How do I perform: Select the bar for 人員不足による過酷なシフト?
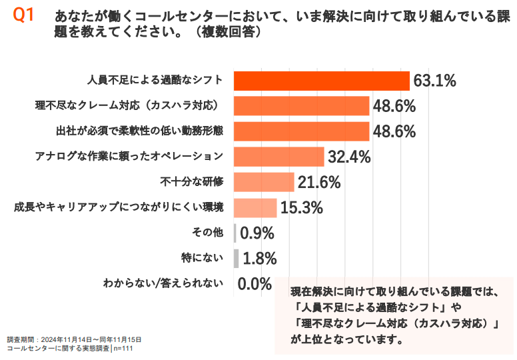click(322, 81)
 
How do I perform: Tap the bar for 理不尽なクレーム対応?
click(302, 106)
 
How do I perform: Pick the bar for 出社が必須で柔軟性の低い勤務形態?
click(302, 131)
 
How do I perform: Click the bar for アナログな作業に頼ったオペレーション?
click(279, 157)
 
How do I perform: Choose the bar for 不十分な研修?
click(264, 182)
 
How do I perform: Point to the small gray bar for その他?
click(235, 233)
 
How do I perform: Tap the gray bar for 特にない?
click(236, 258)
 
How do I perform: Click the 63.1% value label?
click(434, 81)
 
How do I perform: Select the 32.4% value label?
click(348, 157)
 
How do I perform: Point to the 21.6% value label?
click(318, 183)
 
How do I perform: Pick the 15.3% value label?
click(301, 208)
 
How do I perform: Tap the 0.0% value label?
click(255, 284)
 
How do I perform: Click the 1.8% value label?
click(260, 259)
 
